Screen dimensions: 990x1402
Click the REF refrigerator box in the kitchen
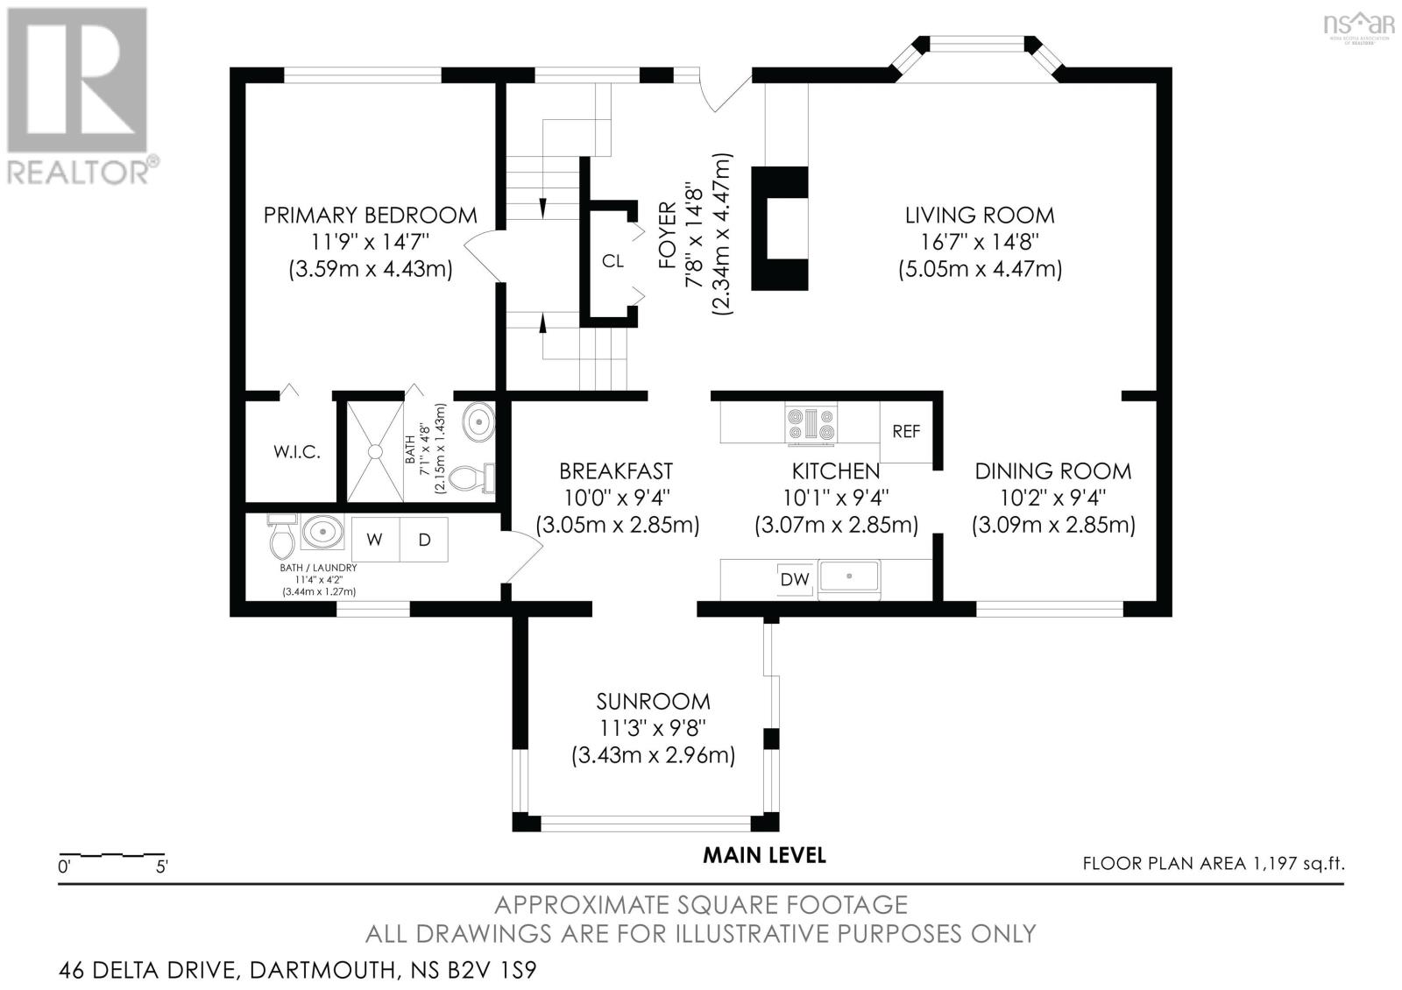906,432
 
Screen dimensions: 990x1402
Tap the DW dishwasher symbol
794,579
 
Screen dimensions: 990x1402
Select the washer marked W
375,540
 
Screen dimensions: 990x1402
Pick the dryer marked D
424,540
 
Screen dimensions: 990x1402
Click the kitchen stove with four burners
811,424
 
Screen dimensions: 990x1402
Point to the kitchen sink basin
849,577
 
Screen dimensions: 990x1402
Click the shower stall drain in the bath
375,451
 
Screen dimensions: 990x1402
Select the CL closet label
612,261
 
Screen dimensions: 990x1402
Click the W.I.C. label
297,453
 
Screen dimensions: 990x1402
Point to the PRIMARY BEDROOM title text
371,215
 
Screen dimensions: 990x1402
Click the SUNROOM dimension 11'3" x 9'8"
652,728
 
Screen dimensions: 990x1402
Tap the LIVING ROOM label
980,215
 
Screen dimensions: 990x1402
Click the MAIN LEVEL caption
764,855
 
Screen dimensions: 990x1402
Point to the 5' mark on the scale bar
163,866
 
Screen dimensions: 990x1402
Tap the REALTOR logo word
79,172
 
